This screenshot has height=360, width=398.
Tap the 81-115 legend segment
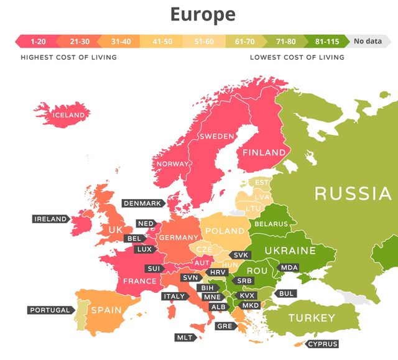pos(327,42)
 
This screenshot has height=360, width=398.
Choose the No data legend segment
pos(367,42)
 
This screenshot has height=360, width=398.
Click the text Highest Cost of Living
pos(68,57)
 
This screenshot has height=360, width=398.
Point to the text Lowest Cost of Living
pos(297,57)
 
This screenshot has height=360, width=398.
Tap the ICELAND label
pos(68,115)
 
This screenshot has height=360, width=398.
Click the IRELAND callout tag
pos(50,219)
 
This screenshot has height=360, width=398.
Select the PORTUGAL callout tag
pos(50,310)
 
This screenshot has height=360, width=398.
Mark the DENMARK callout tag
pos(142,203)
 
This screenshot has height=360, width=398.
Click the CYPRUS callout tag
pos(322,344)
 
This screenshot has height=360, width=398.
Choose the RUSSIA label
pos(353,193)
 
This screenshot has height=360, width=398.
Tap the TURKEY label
pos(312,318)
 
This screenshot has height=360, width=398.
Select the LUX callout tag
pos(144,249)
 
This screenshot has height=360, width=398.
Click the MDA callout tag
pos(289,267)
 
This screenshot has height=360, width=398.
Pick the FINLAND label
pos(264,152)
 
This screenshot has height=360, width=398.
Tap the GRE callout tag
pos(223,326)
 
